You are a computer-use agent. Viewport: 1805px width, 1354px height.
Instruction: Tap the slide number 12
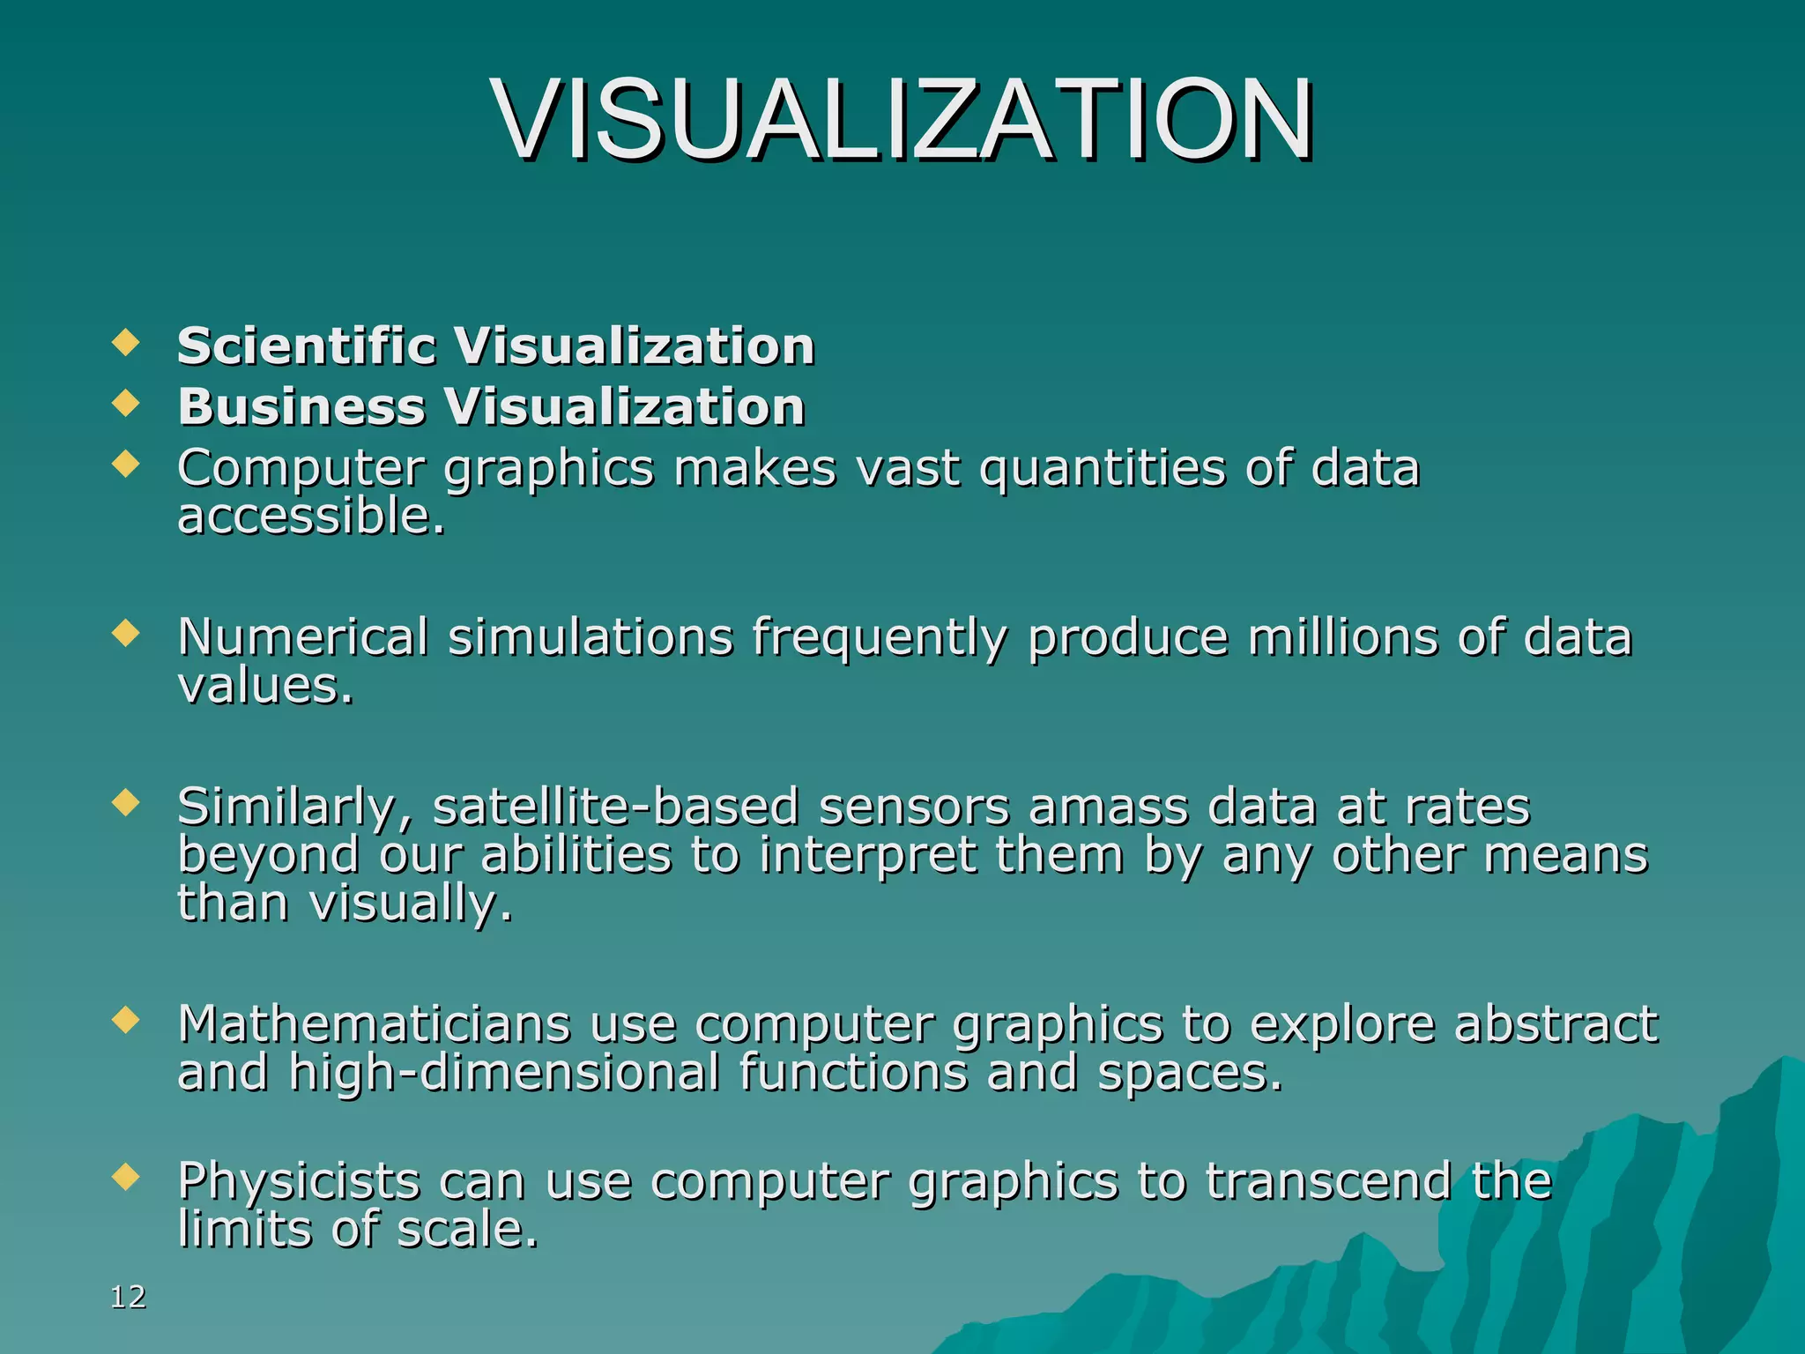[129, 1297]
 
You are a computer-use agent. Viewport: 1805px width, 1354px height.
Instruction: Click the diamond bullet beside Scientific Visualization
[127, 342]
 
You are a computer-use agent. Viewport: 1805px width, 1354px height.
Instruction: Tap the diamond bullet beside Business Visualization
[127, 404]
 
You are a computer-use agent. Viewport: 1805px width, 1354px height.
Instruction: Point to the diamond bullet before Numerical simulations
[127, 633]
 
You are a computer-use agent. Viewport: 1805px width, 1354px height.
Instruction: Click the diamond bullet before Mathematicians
[127, 1020]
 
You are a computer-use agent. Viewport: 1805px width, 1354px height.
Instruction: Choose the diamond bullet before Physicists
[127, 1177]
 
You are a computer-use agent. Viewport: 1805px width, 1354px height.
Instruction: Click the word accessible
[310, 516]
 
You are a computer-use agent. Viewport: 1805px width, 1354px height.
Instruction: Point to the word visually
[410, 904]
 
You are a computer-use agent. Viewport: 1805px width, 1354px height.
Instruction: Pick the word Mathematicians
[374, 1023]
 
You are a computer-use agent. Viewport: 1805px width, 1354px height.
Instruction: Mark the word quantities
[1102, 468]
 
